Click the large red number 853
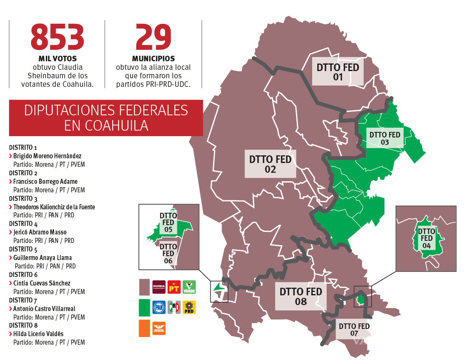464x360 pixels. click(57, 37)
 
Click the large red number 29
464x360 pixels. click(153, 37)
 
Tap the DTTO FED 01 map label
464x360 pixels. click(338, 72)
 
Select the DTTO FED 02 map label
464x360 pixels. click(270, 164)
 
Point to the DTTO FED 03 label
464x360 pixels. click(385, 138)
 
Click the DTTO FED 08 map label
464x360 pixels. click(301, 297)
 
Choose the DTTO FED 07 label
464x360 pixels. click(354, 330)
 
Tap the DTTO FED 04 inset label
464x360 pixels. click(427, 238)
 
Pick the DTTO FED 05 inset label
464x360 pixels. click(168, 223)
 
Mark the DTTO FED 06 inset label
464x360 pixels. click(168, 254)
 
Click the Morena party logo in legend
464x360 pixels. click(159, 287)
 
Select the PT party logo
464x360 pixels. click(174, 287)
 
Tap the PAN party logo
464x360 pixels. click(159, 307)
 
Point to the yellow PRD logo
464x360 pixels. click(189, 307)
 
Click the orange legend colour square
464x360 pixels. click(145, 328)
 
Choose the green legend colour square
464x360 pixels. click(145, 307)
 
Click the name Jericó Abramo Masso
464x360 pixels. click(40, 232)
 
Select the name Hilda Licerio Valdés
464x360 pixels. click(38, 334)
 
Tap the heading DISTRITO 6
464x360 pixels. click(23, 275)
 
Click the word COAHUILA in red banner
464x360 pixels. click(106, 126)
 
